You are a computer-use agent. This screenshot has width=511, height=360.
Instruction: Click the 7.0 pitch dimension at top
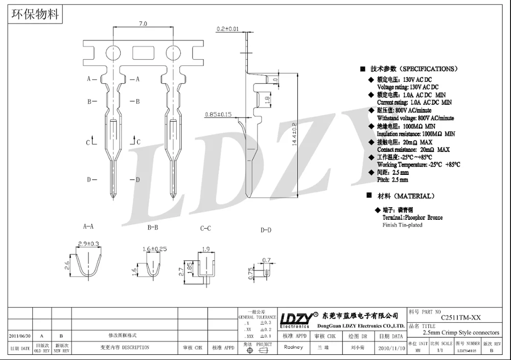pyautogui.click(x=143, y=24)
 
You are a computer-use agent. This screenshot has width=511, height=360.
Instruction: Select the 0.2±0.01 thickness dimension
pyautogui.click(x=227, y=29)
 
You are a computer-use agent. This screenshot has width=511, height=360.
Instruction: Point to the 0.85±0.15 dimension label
pyautogui.click(x=218, y=114)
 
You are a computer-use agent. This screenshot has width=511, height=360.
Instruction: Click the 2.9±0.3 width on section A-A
pyautogui.click(x=88, y=244)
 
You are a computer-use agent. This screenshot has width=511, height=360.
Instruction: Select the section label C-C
pyautogui.click(x=205, y=229)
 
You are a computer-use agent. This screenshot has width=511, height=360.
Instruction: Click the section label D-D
pyautogui.click(x=266, y=230)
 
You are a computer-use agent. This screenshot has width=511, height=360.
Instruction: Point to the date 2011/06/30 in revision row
pyautogui.click(x=19, y=336)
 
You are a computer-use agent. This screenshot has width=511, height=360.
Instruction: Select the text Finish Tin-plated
pyautogui.click(x=403, y=225)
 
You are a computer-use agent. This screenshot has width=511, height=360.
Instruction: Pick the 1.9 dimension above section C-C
pyautogui.click(x=206, y=249)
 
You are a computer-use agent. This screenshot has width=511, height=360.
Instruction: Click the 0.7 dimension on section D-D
pyautogui.click(x=266, y=260)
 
